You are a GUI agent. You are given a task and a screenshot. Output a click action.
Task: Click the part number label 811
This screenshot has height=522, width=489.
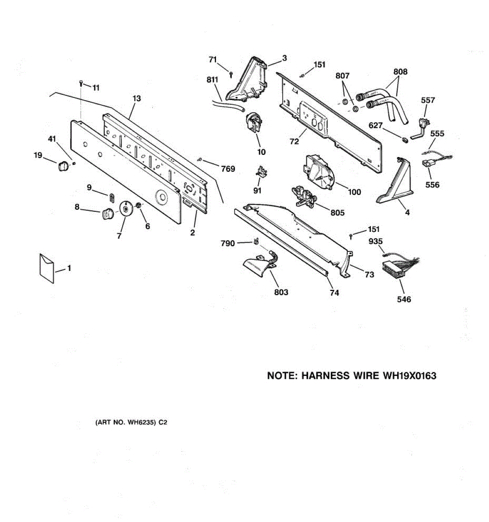pyautogui.click(x=212, y=80)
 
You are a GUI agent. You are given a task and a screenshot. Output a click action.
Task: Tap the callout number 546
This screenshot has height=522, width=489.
pyautogui.click(x=404, y=299)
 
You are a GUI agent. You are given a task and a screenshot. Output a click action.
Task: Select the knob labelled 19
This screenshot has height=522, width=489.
pyautogui.click(x=63, y=166)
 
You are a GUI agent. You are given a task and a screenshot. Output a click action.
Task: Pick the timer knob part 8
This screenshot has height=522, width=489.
pyautogui.click(x=107, y=214)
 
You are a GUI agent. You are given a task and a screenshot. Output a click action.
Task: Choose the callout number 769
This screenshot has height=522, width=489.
pyautogui.click(x=228, y=169)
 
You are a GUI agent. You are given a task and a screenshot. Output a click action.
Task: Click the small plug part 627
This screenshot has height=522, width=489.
pyautogui.click(x=405, y=140)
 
